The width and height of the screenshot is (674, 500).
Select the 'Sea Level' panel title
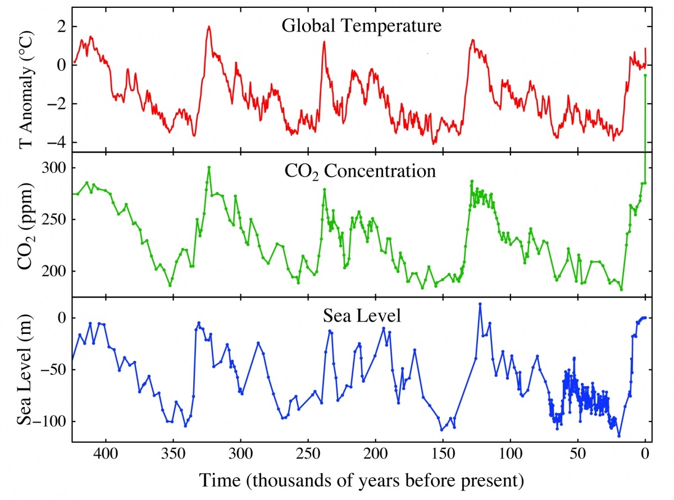click(x=362, y=316)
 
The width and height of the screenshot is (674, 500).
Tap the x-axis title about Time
click(x=362, y=480)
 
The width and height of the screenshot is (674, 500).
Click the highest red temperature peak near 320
click(x=208, y=26)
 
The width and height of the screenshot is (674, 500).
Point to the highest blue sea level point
click(x=480, y=304)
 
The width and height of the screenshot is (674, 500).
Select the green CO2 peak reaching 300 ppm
click(x=209, y=167)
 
